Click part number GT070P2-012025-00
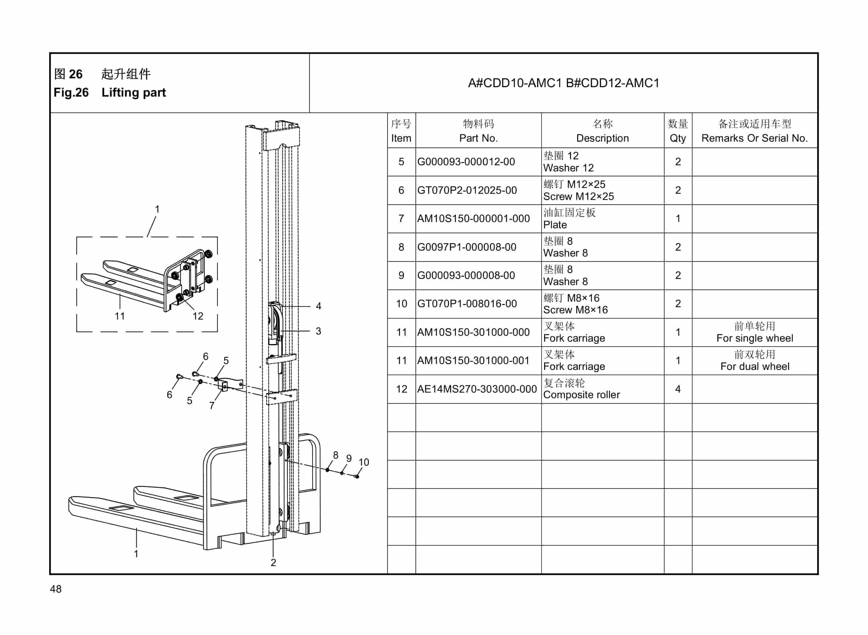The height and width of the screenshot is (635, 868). coord(467,190)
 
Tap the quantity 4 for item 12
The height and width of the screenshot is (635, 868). coord(678,389)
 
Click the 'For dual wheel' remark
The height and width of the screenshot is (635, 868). coord(755,366)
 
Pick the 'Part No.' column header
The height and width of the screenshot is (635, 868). coord(478,138)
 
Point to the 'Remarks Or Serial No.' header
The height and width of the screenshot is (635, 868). coord(755,138)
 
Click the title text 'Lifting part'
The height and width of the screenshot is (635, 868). coord(133,93)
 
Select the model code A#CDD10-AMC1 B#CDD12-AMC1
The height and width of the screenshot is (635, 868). coord(563,83)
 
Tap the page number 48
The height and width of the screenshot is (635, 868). coord(56,589)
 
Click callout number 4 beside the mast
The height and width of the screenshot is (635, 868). coord(319,306)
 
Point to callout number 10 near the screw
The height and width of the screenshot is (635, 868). coord(364,462)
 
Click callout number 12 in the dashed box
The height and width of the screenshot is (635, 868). coord(198,316)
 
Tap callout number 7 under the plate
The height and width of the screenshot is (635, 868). coord(212,406)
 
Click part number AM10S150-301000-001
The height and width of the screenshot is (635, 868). coord(473,361)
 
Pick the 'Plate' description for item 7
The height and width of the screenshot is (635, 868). coord(555,225)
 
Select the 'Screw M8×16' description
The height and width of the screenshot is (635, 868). coord(575,310)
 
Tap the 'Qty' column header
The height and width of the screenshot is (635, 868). coord(678,138)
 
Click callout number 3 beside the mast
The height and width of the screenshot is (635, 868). coord(319,331)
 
